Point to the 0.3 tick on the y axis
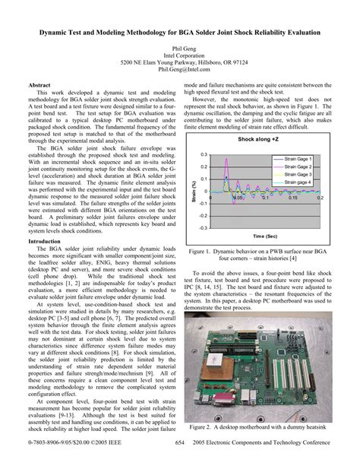(x=203, y=154)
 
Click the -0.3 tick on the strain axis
(x=202, y=227)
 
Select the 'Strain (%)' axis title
(x=194, y=191)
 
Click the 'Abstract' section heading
(x=39, y=86)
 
